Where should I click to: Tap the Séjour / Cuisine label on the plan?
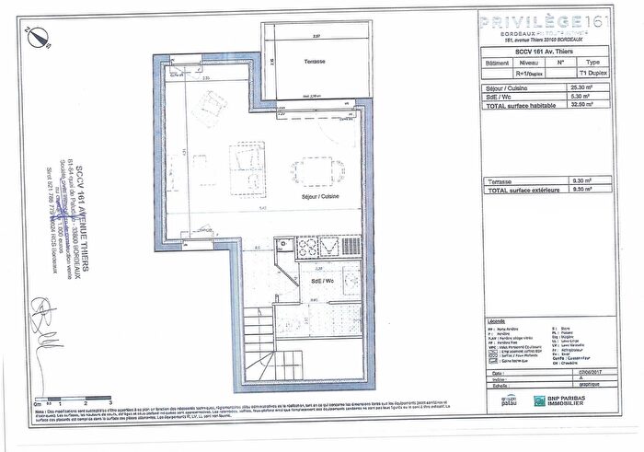click(316, 196)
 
